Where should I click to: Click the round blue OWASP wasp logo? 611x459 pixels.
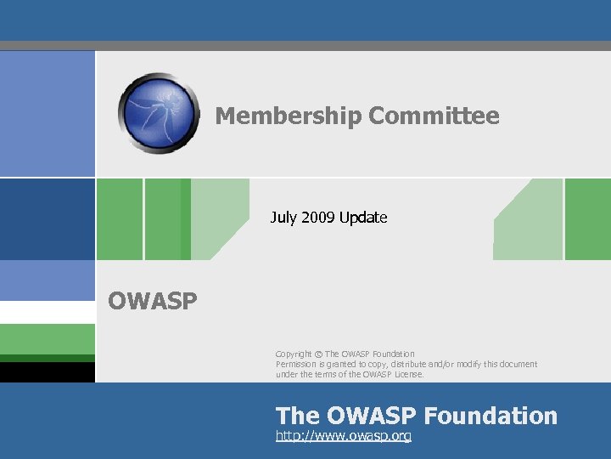tap(160, 113)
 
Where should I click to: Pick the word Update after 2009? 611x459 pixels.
tap(363, 218)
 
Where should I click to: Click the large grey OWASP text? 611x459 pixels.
tap(153, 302)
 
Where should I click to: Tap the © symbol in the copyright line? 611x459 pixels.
tap(318, 354)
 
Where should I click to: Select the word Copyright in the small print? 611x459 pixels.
tap(294, 354)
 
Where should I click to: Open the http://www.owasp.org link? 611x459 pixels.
tap(344, 436)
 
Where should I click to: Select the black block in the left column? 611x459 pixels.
tap(47, 372)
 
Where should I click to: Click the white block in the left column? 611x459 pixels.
tap(47, 312)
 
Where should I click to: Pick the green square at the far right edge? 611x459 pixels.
tap(587, 219)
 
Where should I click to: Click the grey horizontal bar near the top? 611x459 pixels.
tap(305, 46)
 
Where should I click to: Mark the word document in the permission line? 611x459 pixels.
tap(515, 364)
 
